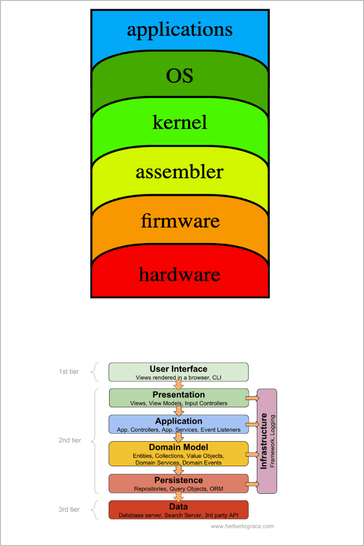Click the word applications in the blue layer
coord(180,29)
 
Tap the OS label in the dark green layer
coord(180,76)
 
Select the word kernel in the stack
coord(180,122)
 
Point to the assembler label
coord(180,172)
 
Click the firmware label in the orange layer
coord(180,221)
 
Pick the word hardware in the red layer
coord(180,274)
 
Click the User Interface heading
coord(178,369)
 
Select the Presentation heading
coord(179,395)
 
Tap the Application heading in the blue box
coord(179,421)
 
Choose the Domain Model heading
coord(179,447)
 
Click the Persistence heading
coord(179,480)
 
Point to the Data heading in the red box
coord(179,506)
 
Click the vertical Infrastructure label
coord(264,441)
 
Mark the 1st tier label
coord(69,372)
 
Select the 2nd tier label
coord(70,440)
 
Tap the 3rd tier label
coord(69,509)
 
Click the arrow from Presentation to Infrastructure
coord(252,398)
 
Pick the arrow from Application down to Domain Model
coord(179,437)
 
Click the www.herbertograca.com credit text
coord(242,526)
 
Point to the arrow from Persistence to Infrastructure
coord(252,483)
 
